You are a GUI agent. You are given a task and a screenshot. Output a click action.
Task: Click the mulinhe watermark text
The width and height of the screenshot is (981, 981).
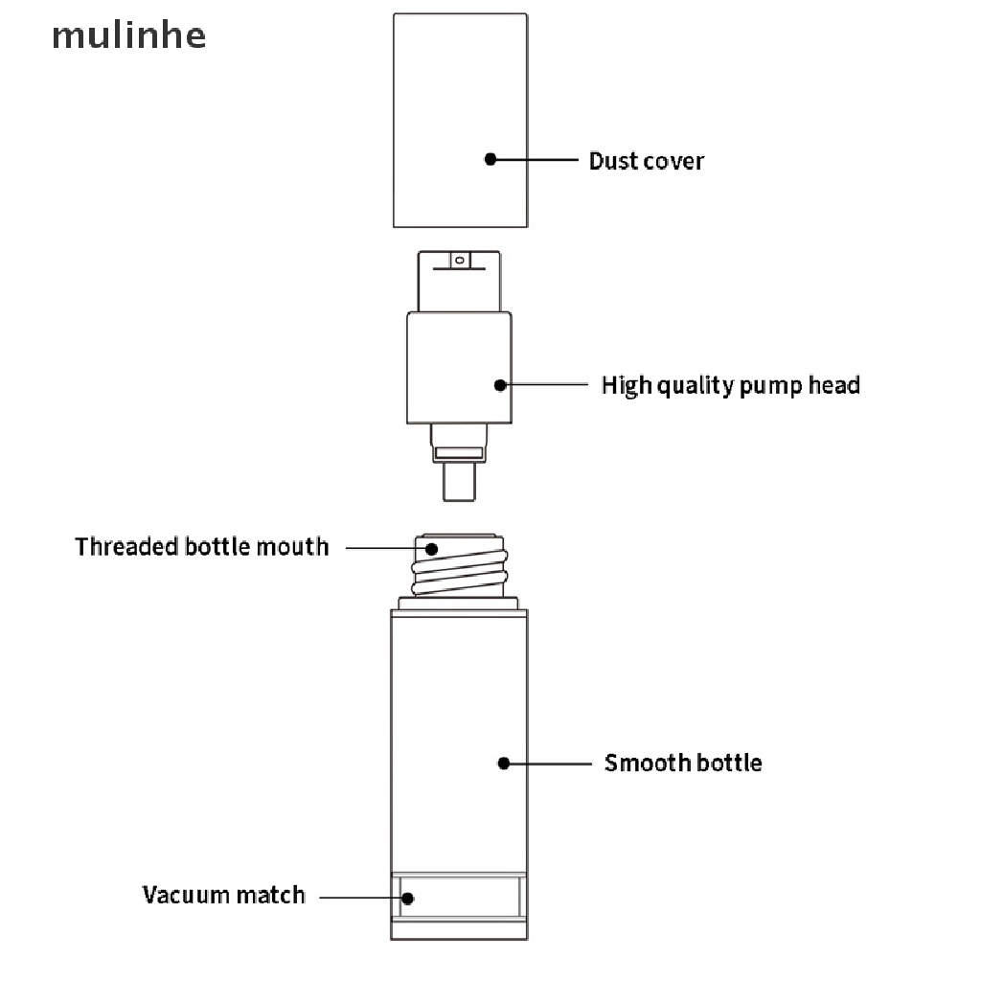pos(127,36)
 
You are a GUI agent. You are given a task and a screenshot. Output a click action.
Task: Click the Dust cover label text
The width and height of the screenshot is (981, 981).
pos(646,161)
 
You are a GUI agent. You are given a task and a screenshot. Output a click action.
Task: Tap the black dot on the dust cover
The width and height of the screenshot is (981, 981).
pos(490,159)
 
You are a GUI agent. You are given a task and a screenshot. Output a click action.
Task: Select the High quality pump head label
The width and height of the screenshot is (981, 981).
pos(730,385)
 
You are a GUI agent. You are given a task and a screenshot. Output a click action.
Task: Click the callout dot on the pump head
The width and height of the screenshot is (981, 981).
pos(500,385)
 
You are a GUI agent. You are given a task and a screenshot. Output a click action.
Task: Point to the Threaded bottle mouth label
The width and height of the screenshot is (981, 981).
pos(201,547)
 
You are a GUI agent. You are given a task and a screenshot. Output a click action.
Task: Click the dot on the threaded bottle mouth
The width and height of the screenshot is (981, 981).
pos(432,549)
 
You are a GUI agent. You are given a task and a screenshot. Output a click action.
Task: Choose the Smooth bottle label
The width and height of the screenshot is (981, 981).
pos(683,764)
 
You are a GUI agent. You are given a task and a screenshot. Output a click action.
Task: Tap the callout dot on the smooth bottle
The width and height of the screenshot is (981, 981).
pos(504,764)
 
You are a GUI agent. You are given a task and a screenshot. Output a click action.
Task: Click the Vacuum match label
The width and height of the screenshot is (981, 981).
pos(223,896)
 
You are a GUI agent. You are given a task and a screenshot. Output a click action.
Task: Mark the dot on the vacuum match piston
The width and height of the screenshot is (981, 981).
pos(407,899)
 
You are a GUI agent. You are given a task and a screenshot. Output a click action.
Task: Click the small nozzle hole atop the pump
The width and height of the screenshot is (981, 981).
pos(459,260)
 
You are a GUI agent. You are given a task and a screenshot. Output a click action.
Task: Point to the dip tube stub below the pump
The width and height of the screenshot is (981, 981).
pos(459,482)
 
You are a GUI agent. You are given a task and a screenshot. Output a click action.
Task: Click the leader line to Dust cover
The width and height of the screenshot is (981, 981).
pos(536,159)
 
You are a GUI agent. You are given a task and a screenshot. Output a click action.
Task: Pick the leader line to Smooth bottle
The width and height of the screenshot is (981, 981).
pos(550,764)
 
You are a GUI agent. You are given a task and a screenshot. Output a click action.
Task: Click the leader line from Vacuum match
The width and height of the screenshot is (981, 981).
pos(359,899)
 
